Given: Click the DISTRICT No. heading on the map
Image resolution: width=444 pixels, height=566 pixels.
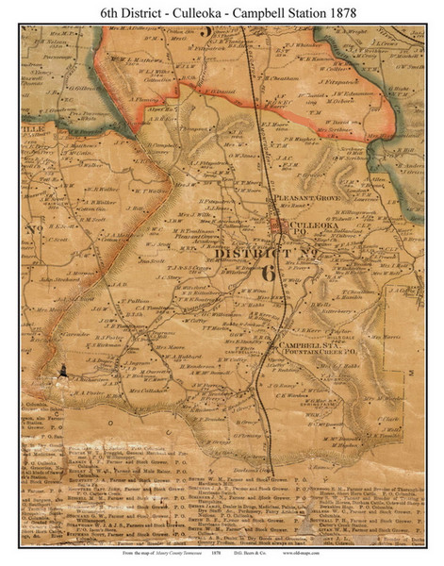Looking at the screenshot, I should coord(255,254).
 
